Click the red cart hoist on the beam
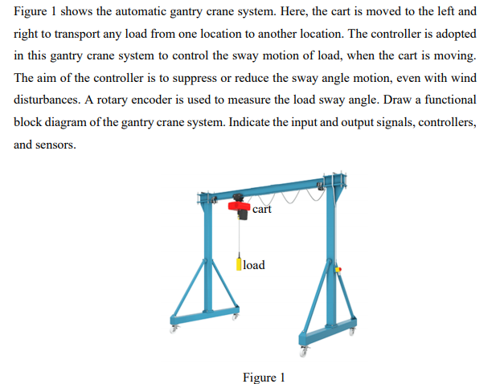click(x=238, y=208)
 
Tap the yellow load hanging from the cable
click(x=239, y=263)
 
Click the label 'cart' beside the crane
click(x=262, y=209)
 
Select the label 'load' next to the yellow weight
click(x=254, y=264)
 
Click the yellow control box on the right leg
click(x=338, y=269)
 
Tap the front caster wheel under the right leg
click(x=304, y=350)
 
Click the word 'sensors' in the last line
click(x=55, y=145)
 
